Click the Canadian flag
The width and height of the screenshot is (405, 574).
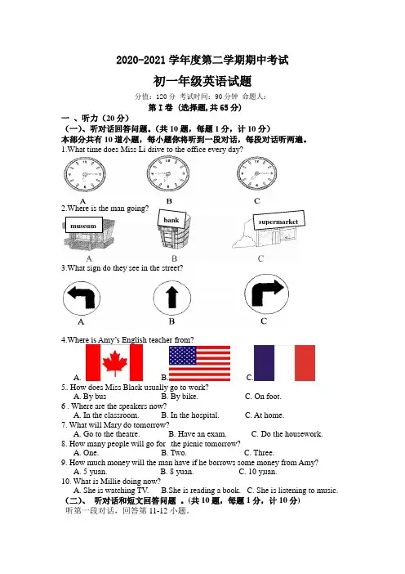(114, 362)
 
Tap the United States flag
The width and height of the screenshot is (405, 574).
(199, 363)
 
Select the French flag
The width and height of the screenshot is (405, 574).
(284, 363)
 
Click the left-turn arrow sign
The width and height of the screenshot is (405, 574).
(82, 298)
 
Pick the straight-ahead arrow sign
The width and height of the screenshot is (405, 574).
(171, 298)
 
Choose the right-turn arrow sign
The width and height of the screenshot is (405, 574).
(266, 294)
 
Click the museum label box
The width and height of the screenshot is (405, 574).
(84, 225)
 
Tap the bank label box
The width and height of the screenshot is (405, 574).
(171, 219)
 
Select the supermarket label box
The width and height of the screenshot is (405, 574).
(278, 221)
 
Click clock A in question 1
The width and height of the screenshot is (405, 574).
(85, 175)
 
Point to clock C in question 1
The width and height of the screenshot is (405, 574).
(256, 174)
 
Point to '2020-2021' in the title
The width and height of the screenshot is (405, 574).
(141, 60)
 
